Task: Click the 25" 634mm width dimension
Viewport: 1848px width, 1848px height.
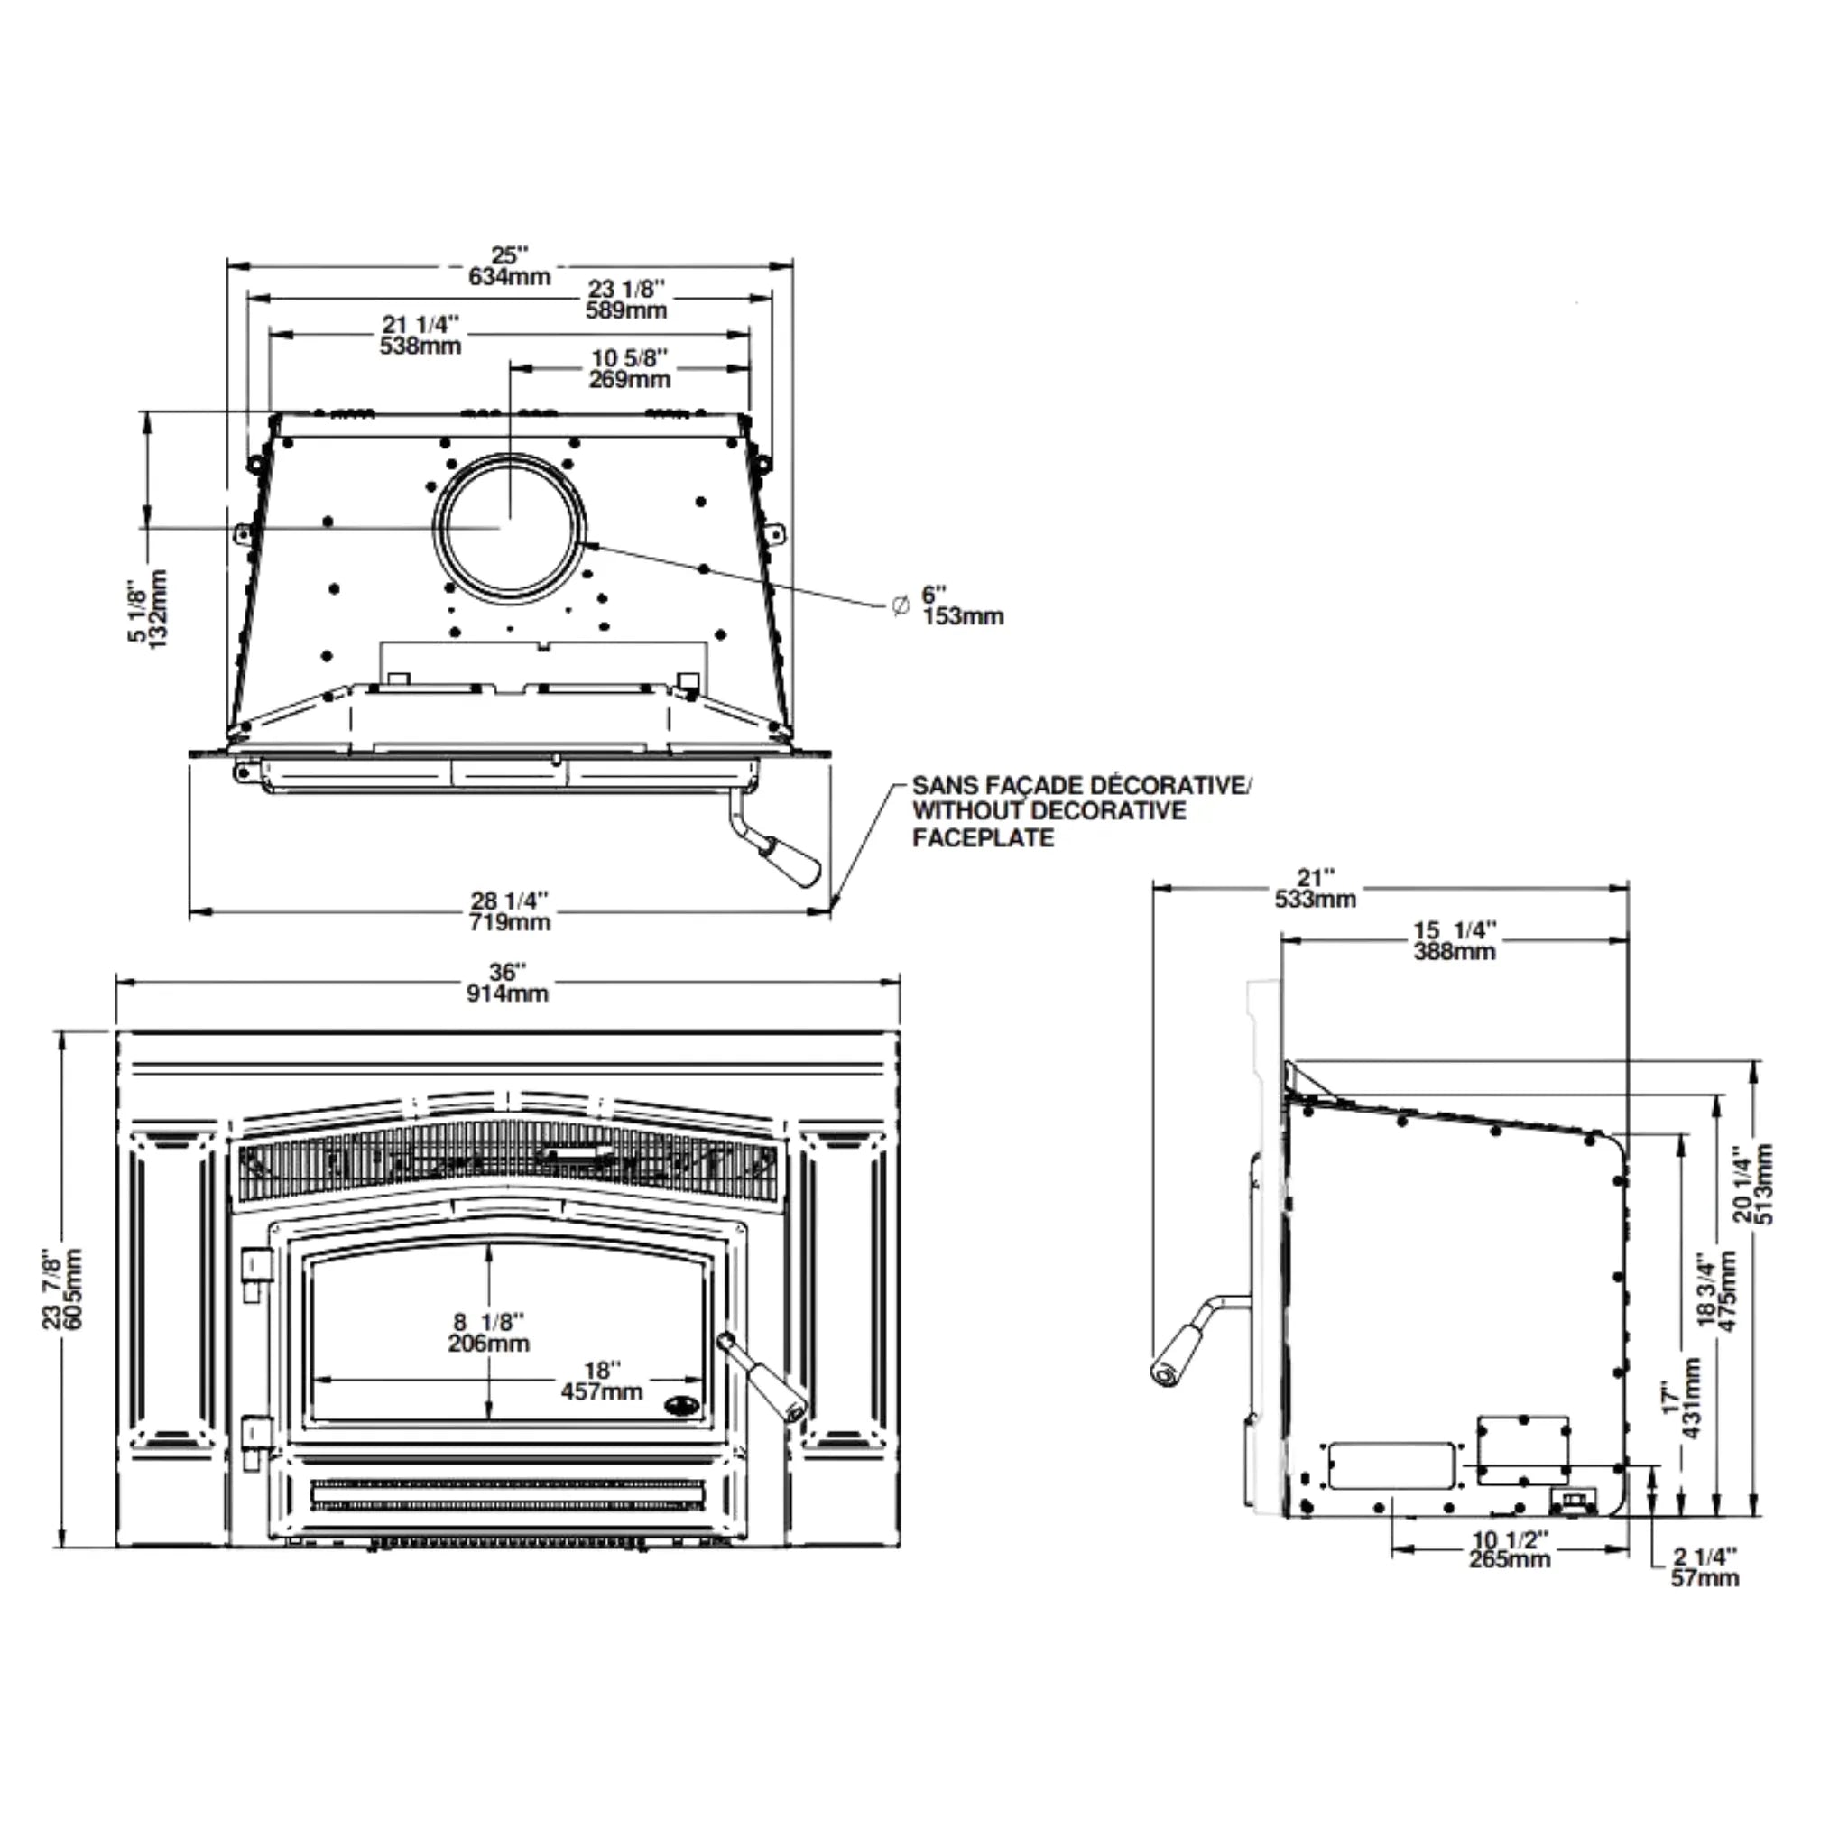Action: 509,266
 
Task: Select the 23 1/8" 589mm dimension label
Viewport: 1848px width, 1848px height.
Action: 625,300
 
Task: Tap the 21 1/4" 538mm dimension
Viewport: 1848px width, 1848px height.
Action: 420,335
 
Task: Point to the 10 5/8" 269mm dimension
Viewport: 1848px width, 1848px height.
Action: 630,368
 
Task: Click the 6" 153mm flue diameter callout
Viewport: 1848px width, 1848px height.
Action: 960,605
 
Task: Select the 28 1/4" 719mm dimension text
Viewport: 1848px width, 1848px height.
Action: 509,910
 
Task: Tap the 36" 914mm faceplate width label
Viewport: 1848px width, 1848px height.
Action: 507,983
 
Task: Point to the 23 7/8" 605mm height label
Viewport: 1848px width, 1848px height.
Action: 62,1289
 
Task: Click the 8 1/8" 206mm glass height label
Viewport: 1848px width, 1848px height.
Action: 489,1333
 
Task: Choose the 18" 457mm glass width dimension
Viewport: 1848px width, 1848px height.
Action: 602,1381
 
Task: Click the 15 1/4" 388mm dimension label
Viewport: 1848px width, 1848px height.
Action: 1454,940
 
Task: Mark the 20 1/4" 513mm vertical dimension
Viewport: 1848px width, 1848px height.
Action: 1752,1183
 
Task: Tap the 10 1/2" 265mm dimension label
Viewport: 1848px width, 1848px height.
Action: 1510,1548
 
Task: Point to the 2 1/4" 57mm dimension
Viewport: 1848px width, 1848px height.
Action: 1705,1567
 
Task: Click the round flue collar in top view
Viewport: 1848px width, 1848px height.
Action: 508,532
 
